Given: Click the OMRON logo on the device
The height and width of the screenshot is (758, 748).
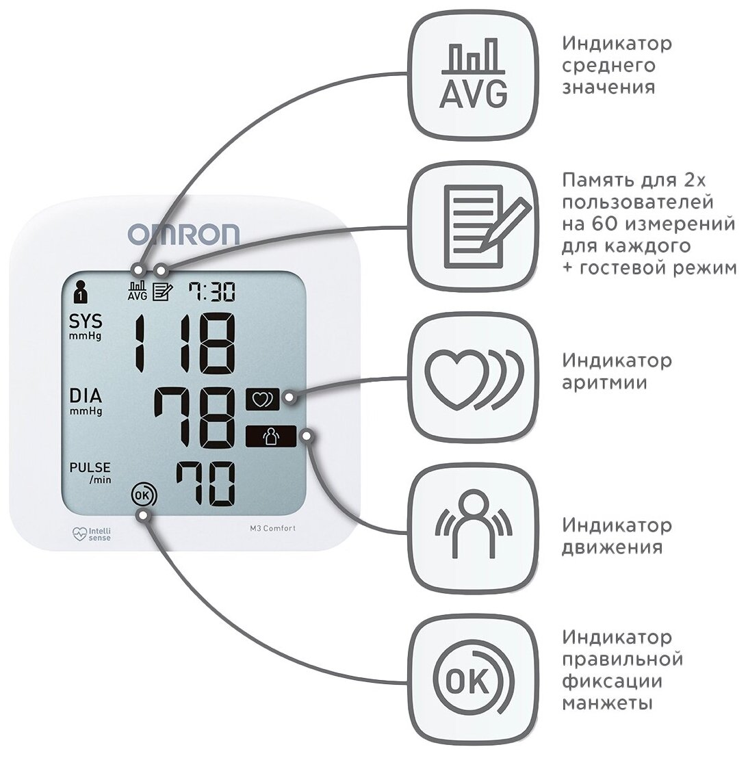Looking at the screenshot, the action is [x=183, y=235].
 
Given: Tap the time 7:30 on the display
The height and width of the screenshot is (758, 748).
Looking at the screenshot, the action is [x=212, y=293].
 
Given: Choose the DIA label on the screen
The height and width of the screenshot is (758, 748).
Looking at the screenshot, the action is [x=86, y=395].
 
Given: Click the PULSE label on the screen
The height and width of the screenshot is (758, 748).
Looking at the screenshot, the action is [x=90, y=468].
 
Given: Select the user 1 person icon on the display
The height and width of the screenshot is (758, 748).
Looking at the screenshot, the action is [x=81, y=291].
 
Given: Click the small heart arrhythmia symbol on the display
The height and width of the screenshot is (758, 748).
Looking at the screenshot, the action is [x=262, y=400].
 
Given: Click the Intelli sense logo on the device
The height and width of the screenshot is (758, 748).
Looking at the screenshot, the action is [x=91, y=534].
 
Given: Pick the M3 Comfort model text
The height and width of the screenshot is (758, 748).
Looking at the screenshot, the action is [x=273, y=526].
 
